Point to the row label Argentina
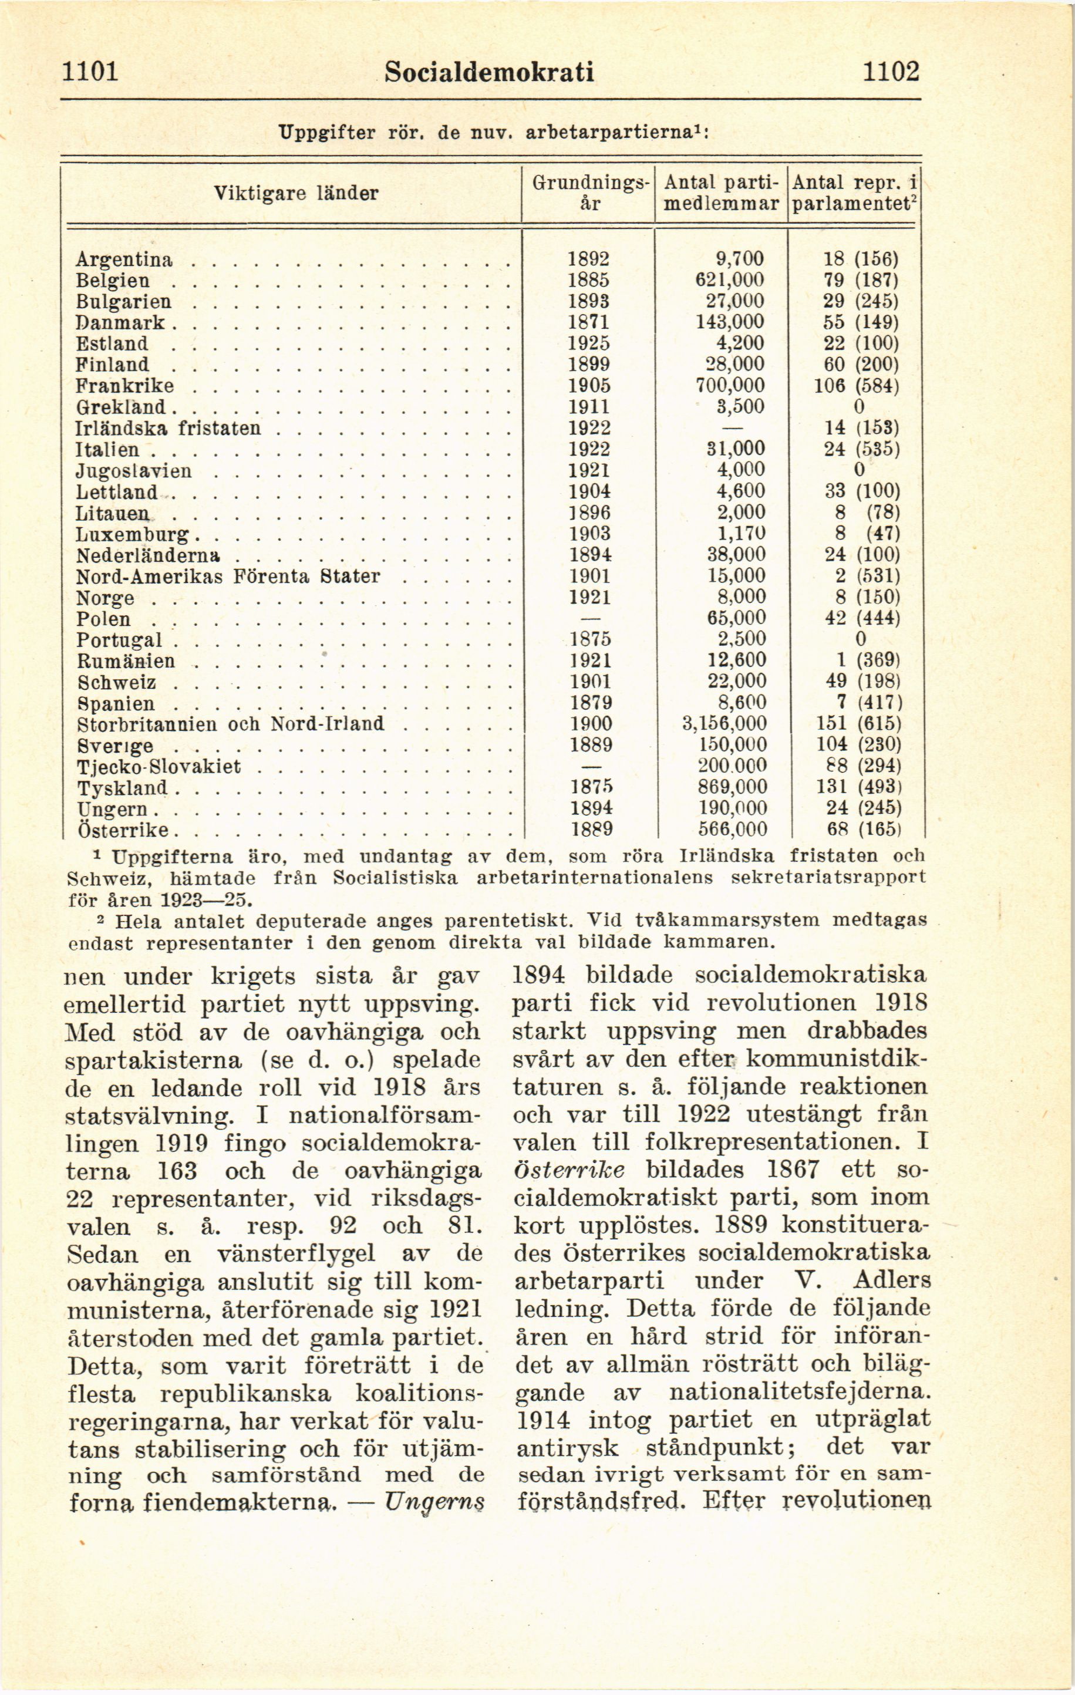click(124, 260)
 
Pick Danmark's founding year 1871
click(588, 322)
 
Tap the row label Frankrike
click(124, 386)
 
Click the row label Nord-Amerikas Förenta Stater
click(228, 576)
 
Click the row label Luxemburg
click(133, 534)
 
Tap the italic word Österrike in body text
click(569, 1169)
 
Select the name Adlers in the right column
click(892, 1280)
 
